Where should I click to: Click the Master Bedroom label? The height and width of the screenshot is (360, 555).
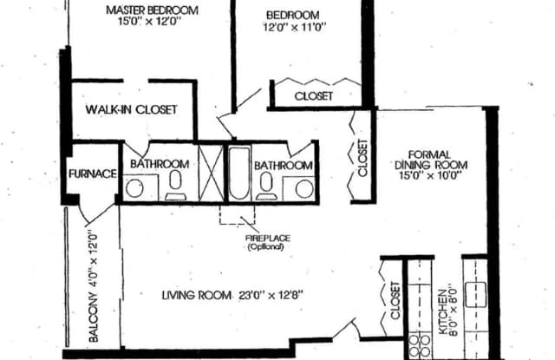click(x=153, y=10)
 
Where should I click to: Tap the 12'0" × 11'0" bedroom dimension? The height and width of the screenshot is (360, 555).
click(x=294, y=27)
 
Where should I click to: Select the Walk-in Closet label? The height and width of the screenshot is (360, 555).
click(x=131, y=109)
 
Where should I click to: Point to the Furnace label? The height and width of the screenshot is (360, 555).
click(x=93, y=173)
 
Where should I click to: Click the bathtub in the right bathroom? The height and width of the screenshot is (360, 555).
click(x=239, y=173)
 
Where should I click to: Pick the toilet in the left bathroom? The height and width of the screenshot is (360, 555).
click(x=175, y=186)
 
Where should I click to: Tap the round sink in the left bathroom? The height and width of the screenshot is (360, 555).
click(x=134, y=188)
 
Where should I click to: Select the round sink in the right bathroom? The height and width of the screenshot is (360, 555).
click(x=304, y=188)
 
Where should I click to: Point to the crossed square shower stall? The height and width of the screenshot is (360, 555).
click(x=211, y=173)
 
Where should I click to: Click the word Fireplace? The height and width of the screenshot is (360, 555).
click(x=268, y=239)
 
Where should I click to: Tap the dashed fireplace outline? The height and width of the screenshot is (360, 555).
click(x=237, y=215)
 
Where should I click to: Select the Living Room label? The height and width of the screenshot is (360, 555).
click(x=197, y=295)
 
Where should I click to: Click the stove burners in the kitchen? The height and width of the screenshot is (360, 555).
click(x=420, y=346)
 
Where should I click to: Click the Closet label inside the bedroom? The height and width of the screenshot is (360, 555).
click(x=314, y=96)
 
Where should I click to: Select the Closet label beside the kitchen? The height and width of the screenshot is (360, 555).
click(x=395, y=300)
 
